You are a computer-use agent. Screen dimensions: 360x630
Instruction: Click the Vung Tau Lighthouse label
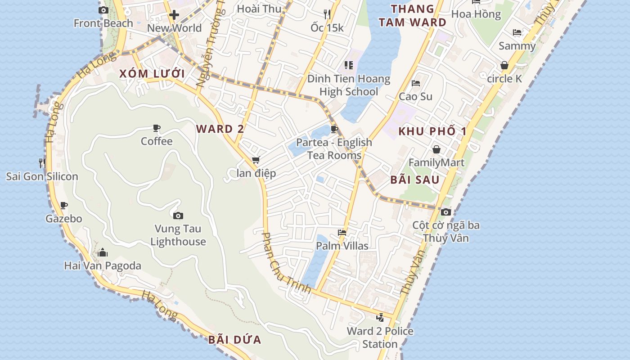click(x=178, y=235)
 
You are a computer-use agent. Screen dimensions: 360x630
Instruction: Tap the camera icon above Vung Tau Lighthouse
click(x=178, y=216)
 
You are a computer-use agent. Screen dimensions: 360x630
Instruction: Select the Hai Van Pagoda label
click(x=103, y=265)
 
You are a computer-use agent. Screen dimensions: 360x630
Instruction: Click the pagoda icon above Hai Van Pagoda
click(x=103, y=252)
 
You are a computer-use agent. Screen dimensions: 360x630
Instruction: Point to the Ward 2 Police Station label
click(x=380, y=337)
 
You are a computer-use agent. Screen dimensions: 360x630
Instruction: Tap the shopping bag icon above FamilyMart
click(x=436, y=149)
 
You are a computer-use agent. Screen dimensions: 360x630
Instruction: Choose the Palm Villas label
click(x=342, y=246)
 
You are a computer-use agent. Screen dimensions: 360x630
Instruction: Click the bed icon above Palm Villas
click(x=342, y=233)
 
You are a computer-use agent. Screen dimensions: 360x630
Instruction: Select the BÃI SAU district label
click(x=415, y=180)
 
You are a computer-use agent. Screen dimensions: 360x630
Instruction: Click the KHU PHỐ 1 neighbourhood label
click(x=432, y=131)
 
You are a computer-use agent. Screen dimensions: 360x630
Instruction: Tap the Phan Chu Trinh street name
click(x=286, y=263)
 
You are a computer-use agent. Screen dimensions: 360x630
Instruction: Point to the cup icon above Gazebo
click(x=64, y=206)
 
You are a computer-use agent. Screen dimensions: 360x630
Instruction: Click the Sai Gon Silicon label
click(x=42, y=176)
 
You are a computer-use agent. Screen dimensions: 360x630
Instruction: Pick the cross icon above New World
click(x=174, y=15)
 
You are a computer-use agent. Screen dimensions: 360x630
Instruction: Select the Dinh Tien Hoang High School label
click(x=349, y=85)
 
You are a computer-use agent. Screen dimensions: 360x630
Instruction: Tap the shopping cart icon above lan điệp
click(x=256, y=160)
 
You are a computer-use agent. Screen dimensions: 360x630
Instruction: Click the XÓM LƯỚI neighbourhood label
click(x=152, y=74)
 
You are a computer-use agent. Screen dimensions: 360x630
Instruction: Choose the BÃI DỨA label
click(x=235, y=340)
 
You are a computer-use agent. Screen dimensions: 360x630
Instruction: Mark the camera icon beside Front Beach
click(x=103, y=10)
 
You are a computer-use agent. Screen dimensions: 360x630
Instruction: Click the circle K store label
click(x=504, y=79)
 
